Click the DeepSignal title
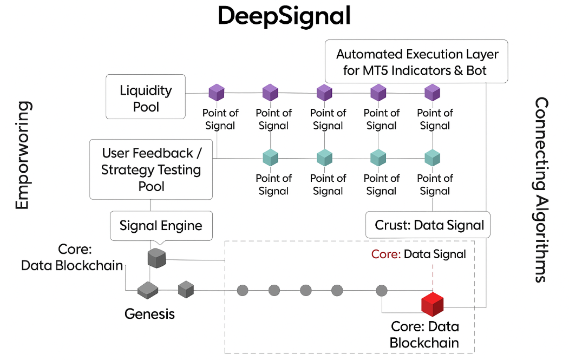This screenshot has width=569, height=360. coord(284,16)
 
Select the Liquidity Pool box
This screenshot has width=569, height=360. coord(146,97)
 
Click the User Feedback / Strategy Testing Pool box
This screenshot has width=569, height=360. coord(151,169)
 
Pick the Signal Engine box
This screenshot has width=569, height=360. coord(161,225)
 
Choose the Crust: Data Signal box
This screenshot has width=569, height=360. coord(428,225)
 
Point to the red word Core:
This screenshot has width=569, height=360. coord(385,254)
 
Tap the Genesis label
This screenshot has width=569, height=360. coord(149,313)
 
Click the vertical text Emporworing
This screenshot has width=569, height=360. coord(22,155)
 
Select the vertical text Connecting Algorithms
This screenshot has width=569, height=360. coord(541,189)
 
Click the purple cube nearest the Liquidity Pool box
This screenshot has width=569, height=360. coord(217,92)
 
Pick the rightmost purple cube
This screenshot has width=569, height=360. coord(432,92)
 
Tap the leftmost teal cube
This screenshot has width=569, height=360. coord(270,158)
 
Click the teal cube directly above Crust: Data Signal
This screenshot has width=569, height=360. coord(432,158)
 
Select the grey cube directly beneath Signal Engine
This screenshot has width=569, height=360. coord(156,258)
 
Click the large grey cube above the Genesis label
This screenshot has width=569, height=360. coord(147,291)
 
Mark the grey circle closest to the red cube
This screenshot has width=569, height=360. coord(382,290)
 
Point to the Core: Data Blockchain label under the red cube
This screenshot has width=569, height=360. coord(424,335)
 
